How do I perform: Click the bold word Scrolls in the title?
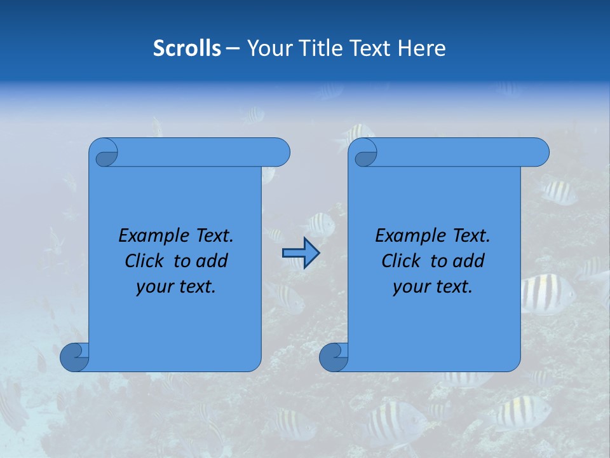(187, 48)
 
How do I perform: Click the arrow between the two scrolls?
(301, 253)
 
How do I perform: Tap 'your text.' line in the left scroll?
(176, 286)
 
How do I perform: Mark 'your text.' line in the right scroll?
(433, 286)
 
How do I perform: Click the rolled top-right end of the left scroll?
(277, 152)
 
